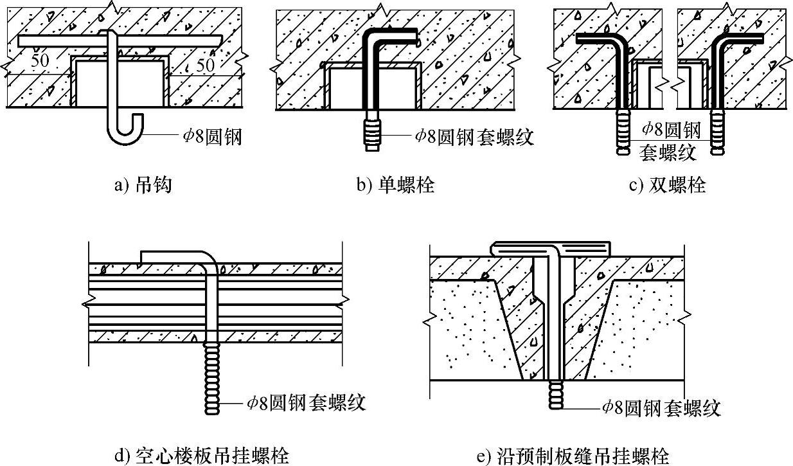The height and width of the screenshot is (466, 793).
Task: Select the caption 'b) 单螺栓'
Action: pyautogui.click(x=395, y=186)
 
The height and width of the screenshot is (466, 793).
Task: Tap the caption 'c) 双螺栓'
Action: pyautogui.click(x=666, y=186)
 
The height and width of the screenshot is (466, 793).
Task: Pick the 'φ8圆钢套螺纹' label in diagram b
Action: pyautogui.click(x=474, y=136)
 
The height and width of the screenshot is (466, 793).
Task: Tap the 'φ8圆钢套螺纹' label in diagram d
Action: pyautogui.click(x=307, y=402)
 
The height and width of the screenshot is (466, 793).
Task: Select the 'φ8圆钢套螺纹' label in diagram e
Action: pyautogui.click(x=661, y=407)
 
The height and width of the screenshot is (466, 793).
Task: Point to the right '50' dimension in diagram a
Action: pyautogui.click(x=204, y=65)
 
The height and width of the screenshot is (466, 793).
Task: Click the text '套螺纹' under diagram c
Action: pyautogui.click(x=668, y=153)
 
